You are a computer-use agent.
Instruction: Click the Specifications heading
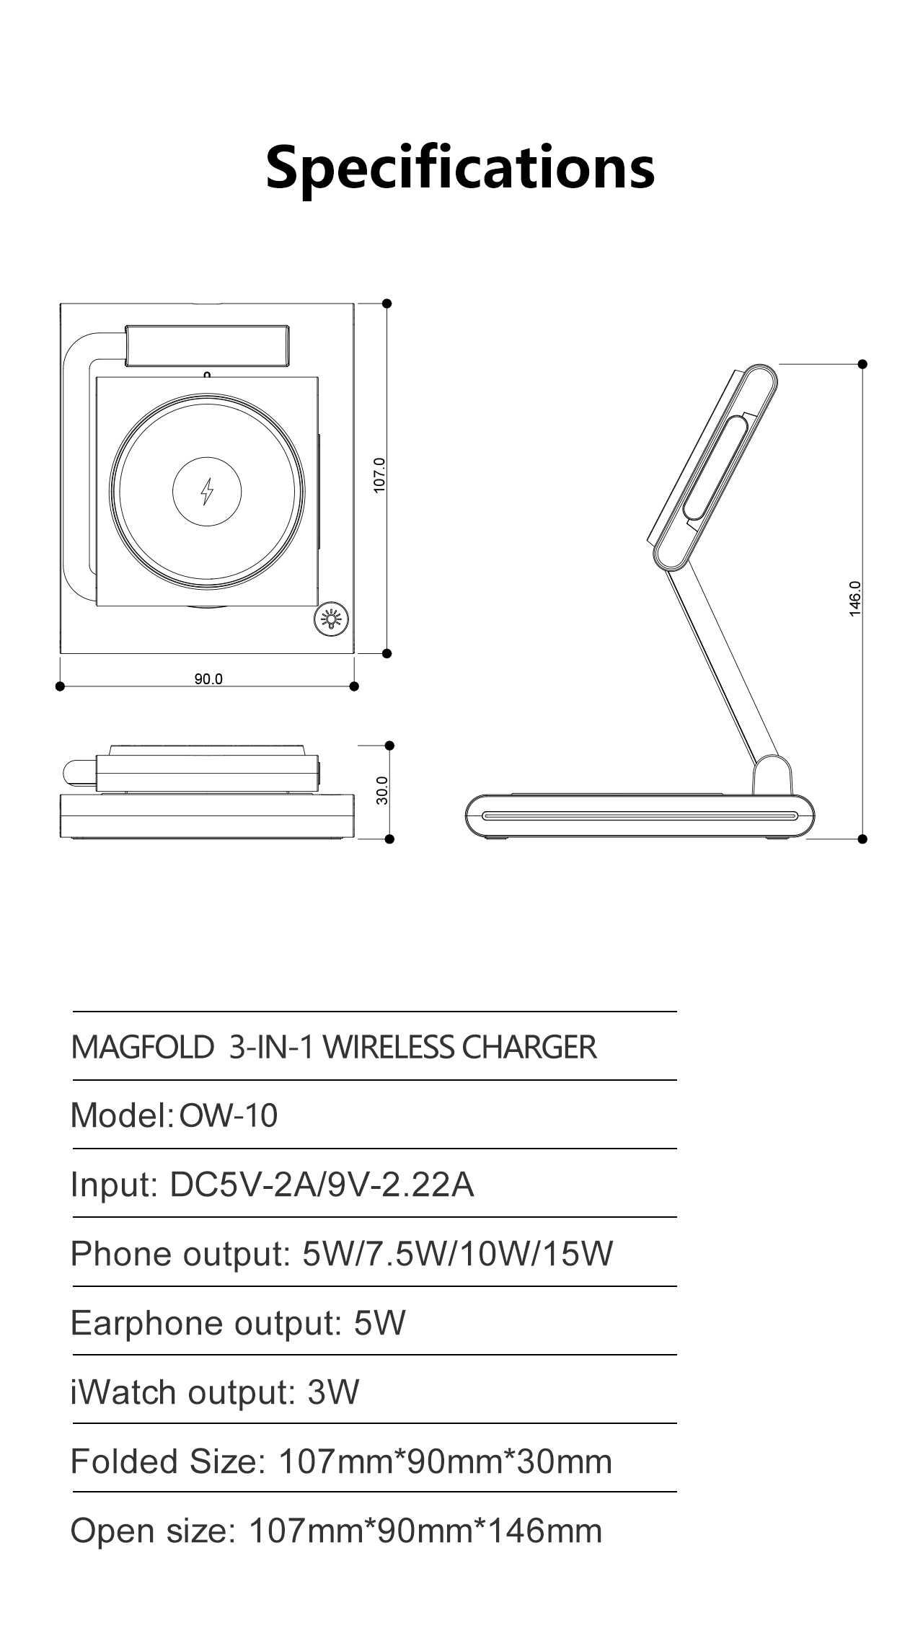point(460,167)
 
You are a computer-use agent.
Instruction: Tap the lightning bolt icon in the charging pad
point(207,492)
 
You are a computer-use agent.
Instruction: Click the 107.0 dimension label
point(380,475)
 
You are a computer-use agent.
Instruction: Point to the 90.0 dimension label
point(208,678)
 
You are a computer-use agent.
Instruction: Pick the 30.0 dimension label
point(383,790)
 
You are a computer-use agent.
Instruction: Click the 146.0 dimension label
point(855,598)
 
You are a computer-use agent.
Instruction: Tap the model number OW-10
point(228,1115)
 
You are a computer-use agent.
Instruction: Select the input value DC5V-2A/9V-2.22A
point(322,1184)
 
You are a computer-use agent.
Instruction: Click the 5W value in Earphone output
point(379,1322)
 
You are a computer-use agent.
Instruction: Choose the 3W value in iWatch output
point(333,1392)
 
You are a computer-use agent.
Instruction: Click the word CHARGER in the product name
point(529,1047)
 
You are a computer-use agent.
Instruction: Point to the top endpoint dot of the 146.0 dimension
point(862,364)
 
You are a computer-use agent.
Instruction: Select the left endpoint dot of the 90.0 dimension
point(60,686)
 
